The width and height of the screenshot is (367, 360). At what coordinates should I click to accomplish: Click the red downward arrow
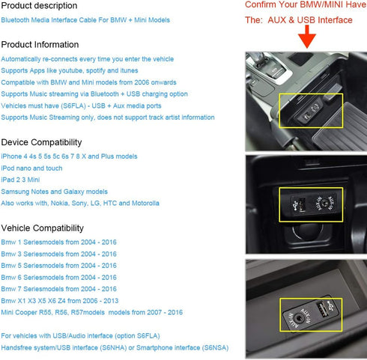[x=306, y=37]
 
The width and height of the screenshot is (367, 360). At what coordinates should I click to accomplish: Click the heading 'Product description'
[x=40, y=6]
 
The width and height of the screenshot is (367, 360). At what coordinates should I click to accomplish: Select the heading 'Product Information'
[x=40, y=45]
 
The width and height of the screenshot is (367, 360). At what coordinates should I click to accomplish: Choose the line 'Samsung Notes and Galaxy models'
[x=55, y=192]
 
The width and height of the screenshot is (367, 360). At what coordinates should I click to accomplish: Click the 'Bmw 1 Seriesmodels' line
[x=59, y=242]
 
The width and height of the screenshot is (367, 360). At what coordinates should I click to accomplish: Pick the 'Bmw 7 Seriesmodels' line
[x=59, y=289]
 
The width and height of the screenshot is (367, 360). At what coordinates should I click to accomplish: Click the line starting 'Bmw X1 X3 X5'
[x=70, y=301]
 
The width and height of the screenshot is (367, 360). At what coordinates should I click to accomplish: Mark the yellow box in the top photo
[x=311, y=110]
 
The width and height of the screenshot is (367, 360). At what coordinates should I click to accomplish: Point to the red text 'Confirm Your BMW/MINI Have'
[x=305, y=5]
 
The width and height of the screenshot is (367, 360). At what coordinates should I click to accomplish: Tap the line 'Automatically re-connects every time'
[x=87, y=59]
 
